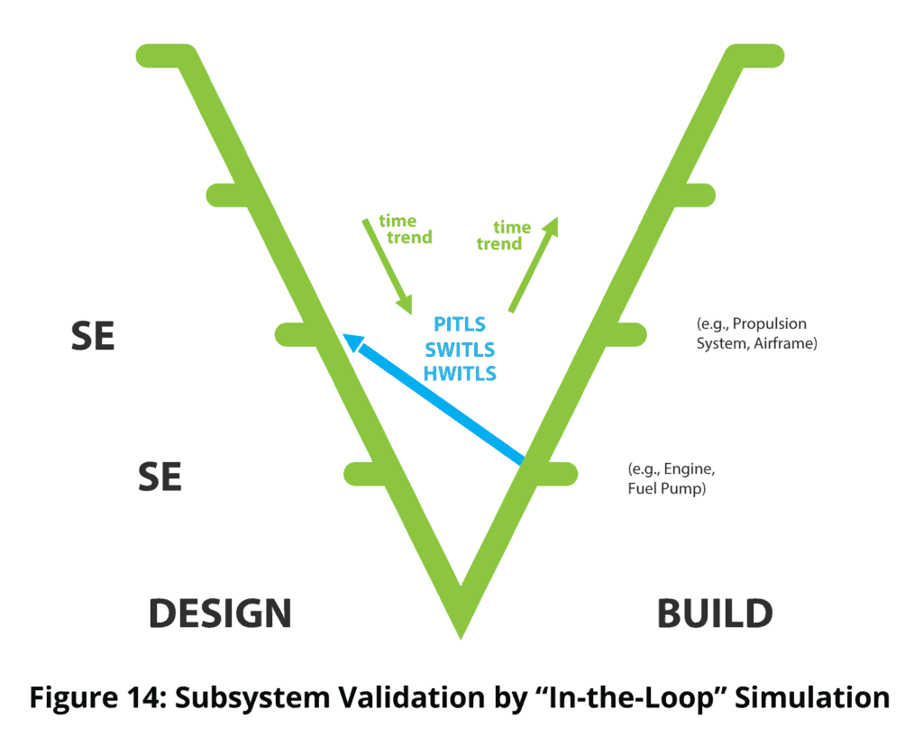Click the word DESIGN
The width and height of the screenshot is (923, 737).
(x=220, y=614)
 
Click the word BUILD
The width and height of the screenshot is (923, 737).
(x=715, y=614)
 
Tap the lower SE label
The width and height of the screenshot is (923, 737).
(x=160, y=477)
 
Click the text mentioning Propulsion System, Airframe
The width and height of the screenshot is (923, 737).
(x=756, y=333)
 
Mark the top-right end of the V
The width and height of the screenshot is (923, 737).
(x=762, y=55)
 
